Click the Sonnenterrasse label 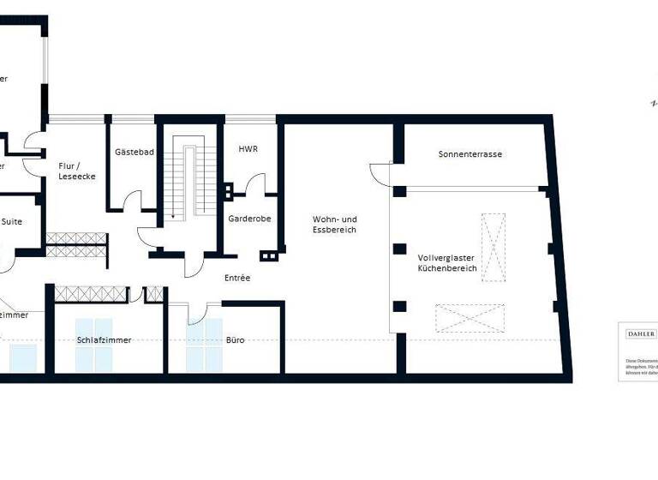470,154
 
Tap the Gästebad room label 134,152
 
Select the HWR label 248,148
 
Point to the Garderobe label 249,219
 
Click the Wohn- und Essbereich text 334,225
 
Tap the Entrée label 237,278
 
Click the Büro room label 235,339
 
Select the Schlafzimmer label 104,339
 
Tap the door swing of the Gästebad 133,201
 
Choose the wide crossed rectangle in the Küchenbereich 470,318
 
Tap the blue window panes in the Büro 206,345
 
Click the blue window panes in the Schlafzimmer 93,345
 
